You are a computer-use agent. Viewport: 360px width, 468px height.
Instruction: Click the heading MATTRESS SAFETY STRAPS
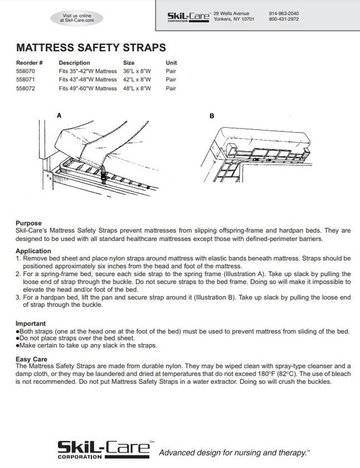click(x=91, y=48)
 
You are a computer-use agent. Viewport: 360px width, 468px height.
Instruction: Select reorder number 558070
click(x=26, y=71)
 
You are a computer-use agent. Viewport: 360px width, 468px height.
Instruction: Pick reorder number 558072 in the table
click(x=26, y=88)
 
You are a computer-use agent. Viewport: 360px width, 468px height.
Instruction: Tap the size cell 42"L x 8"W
click(x=137, y=79)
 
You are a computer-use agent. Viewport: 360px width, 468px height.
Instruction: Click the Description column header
click(x=74, y=63)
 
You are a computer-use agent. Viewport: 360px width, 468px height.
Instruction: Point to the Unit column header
click(x=171, y=63)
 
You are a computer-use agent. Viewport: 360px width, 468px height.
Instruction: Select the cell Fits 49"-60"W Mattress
click(x=87, y=88)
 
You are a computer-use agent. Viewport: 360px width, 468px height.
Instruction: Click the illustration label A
click(x=59, y=116)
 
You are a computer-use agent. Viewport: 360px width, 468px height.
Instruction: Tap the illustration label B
click(x=212, y=116)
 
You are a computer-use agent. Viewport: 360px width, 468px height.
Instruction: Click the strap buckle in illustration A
click(x=104, y=174)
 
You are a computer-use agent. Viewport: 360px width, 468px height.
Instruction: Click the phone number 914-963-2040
click(x=284, y=13)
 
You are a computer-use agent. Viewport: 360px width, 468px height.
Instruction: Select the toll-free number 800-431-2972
click(x=284, y=19)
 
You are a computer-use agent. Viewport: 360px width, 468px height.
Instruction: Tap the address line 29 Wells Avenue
click(x=231, y=13)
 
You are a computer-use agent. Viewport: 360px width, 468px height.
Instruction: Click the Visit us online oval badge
click(x=77, y=18)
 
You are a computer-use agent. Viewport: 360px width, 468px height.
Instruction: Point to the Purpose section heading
click(x=29, y=224)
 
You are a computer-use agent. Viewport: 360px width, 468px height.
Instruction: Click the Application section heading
click(x=34, y=251)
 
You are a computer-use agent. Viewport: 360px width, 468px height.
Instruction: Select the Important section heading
click(x=31, y=323)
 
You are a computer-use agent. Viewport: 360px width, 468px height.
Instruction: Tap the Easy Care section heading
click(x=32, y=359)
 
